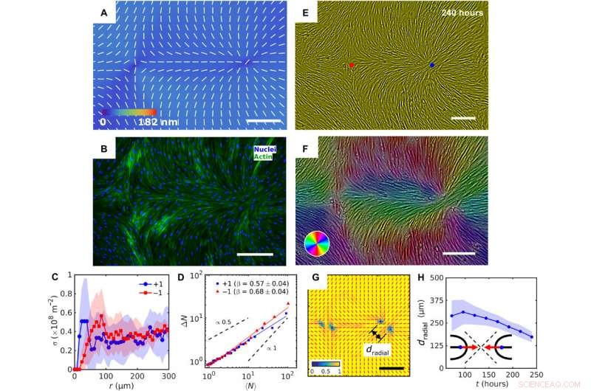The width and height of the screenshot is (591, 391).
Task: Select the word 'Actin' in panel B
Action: click(264, 156)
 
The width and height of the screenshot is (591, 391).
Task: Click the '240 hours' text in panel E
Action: click(462, 13)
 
